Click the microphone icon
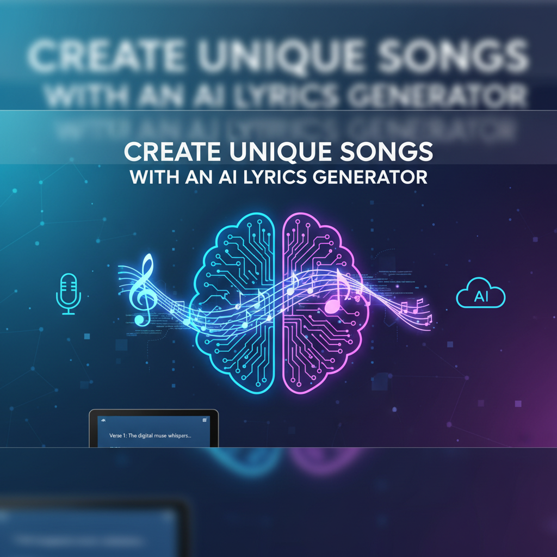(x=69, y=294)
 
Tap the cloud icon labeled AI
(x=481, y=296)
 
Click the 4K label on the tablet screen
(x=101, y=420)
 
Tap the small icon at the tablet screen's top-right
(x=205, y=420)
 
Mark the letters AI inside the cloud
(x=481, y=297)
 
